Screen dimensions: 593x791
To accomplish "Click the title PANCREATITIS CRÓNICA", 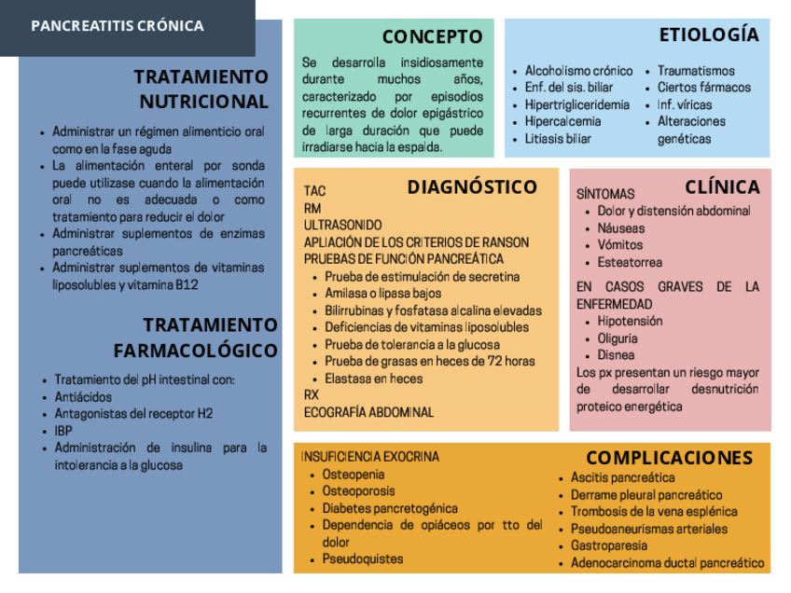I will tap(118, 26).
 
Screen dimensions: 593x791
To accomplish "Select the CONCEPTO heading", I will tap(432, 37).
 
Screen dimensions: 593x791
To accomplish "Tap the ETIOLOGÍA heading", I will tap(709, 35).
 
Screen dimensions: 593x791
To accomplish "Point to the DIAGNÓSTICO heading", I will tap(472, 187).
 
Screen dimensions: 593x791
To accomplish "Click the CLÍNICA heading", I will tap(722, 186).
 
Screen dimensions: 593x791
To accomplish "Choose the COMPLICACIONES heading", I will tap(669, 458).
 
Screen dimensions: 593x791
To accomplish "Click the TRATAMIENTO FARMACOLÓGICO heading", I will tap(196, 338).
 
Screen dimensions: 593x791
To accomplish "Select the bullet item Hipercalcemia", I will tap(562, 121).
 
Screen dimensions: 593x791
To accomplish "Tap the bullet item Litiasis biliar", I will tap(558, 139).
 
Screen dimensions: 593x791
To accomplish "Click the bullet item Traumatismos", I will tap(696, 71).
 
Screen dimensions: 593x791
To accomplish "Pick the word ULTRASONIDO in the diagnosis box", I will tap(342, 226).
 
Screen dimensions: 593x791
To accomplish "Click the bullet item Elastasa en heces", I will tap(373, 379).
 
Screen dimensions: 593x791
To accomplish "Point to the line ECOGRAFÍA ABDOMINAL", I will tap(368, 411).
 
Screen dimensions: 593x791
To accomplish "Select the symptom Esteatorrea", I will tap(630, 262).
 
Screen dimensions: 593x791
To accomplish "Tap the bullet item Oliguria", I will tap(618, 338).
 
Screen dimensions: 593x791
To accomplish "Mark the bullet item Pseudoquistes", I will tap(363, 559).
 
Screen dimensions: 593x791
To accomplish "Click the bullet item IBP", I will tap(63, 431).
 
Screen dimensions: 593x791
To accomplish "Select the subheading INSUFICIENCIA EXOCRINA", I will tap(370, 457).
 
